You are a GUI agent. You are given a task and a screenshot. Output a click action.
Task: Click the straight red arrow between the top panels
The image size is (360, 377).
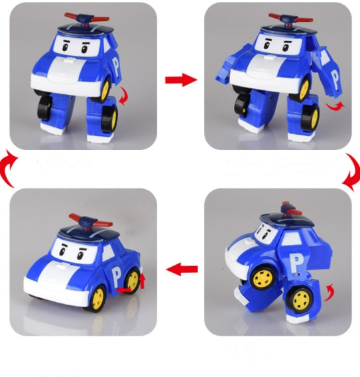(181, 80)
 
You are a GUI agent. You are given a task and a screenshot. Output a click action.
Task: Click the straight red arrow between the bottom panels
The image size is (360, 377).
(181, 269)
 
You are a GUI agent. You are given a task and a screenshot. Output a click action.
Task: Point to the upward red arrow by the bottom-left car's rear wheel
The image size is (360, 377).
(141, 281)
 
